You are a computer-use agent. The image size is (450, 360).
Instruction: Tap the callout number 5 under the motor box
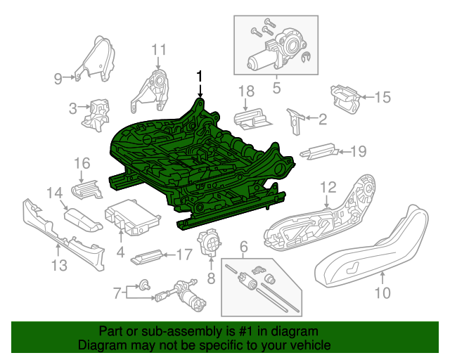(x=276, y=88)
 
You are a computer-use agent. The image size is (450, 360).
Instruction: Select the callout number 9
(x=58, y=79)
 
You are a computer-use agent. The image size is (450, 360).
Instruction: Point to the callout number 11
(x=159, y=50)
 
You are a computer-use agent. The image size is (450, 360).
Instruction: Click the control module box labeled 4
(x=129, y=217)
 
